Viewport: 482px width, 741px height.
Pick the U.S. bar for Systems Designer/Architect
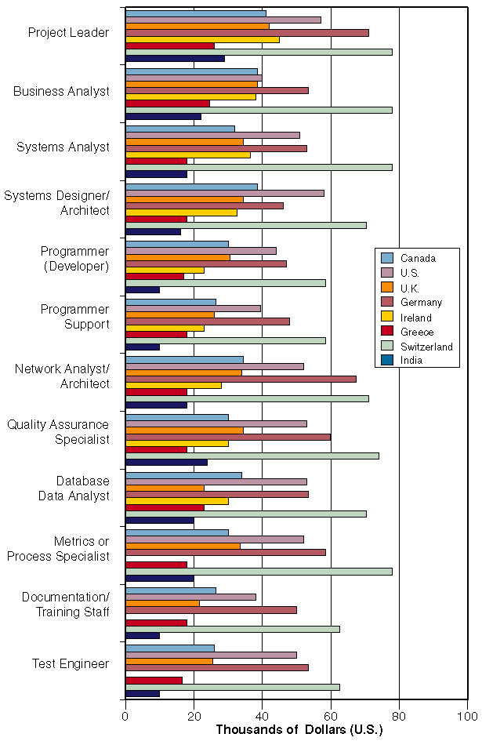click(224, 193)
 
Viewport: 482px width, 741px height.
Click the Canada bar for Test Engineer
click(169, 648)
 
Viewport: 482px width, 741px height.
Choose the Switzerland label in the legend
click(426, 346)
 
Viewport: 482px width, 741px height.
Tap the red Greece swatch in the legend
click(387, 332)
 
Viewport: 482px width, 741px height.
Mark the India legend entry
click(411, 361)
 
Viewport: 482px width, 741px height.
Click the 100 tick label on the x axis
click(468, 715)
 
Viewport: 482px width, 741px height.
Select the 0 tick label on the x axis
click(125, 715)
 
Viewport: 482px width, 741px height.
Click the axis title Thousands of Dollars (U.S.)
click(299, 730)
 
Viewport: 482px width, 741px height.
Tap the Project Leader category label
click(68, 32)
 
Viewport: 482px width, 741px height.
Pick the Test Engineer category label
click(71, 663)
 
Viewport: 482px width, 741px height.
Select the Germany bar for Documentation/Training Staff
click(211, 609)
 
